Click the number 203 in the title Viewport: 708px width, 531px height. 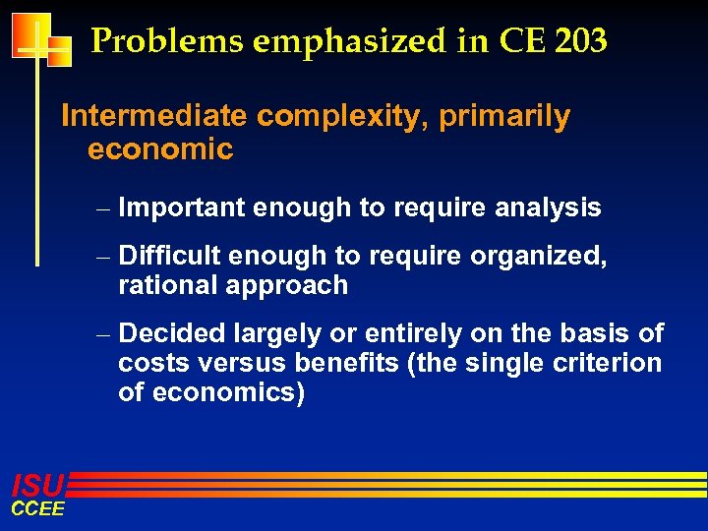pyautogui.click(x=579, y=41)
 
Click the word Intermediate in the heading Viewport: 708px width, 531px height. pyautogui.click(x=154, y=116)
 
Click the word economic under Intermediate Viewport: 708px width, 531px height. pyautogui.click(x=160, y=149)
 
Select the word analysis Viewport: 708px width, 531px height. pyautogui.click(x=548, y=207)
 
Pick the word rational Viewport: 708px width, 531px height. pyautogui.click(x=168, y=285)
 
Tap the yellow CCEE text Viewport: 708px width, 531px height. pyautogui.click(x=37, y=508)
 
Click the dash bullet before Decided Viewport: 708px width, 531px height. pyautogui.click(x=104, y=334)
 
